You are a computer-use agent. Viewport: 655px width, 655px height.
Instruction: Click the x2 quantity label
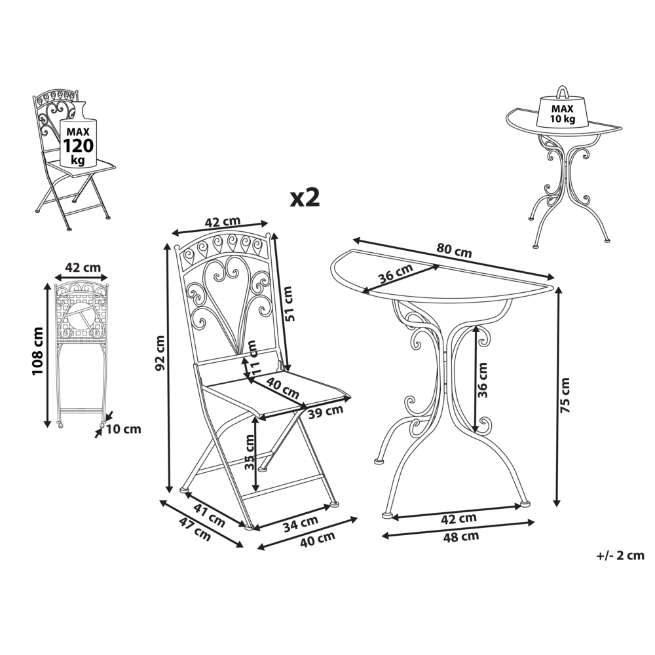coord(305,197)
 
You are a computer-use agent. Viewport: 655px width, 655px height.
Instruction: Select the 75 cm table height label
coord(565,395)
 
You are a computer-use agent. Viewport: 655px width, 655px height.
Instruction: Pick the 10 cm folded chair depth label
coord(123,429)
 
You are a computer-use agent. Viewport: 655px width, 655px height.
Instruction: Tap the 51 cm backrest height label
coord(289,304)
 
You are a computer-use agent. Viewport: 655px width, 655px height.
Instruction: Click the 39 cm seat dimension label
coord(326,412)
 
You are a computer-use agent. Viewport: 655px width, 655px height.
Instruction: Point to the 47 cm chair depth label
coord(195,529)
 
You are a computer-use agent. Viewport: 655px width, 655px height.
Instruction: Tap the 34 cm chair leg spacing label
coord(301,524)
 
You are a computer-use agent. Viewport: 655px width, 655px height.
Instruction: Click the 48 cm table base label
coord(460,536)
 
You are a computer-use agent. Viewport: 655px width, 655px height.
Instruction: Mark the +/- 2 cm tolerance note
coord(620,555)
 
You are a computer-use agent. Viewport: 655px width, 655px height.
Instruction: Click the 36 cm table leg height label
coord(482,380)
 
